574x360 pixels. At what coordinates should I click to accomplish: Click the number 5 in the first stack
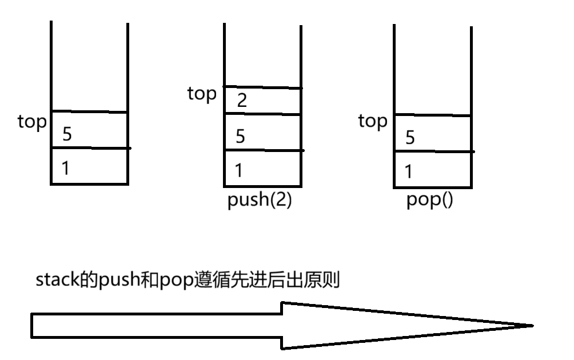point(67,134)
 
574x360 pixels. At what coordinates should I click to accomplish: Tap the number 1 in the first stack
point(66,168)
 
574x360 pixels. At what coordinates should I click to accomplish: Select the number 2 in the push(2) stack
point(242,101)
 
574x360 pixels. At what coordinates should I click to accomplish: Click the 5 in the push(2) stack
point(241,136)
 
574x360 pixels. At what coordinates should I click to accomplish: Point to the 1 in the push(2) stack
point(240,170)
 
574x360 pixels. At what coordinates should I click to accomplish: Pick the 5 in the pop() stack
point(409,137)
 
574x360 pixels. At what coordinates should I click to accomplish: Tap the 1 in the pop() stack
point(408,171)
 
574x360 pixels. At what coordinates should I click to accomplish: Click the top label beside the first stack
point(31,122)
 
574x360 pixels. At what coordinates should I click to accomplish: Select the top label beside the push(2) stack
point(202,94)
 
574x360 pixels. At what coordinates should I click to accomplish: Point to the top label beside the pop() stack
point(372,121)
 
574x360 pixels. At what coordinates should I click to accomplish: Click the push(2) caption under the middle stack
point(260,201)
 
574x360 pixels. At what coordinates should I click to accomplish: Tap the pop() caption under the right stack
point(429,201)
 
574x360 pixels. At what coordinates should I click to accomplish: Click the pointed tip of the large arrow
point(531,326)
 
